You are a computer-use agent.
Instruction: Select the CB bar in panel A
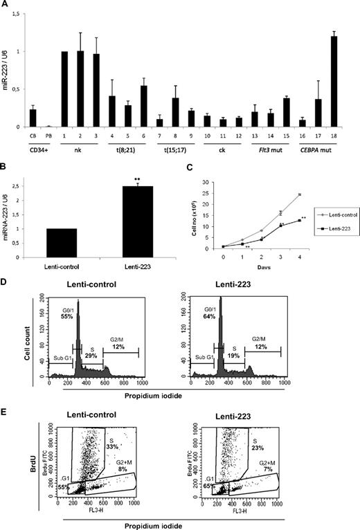tap(52, 118)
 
